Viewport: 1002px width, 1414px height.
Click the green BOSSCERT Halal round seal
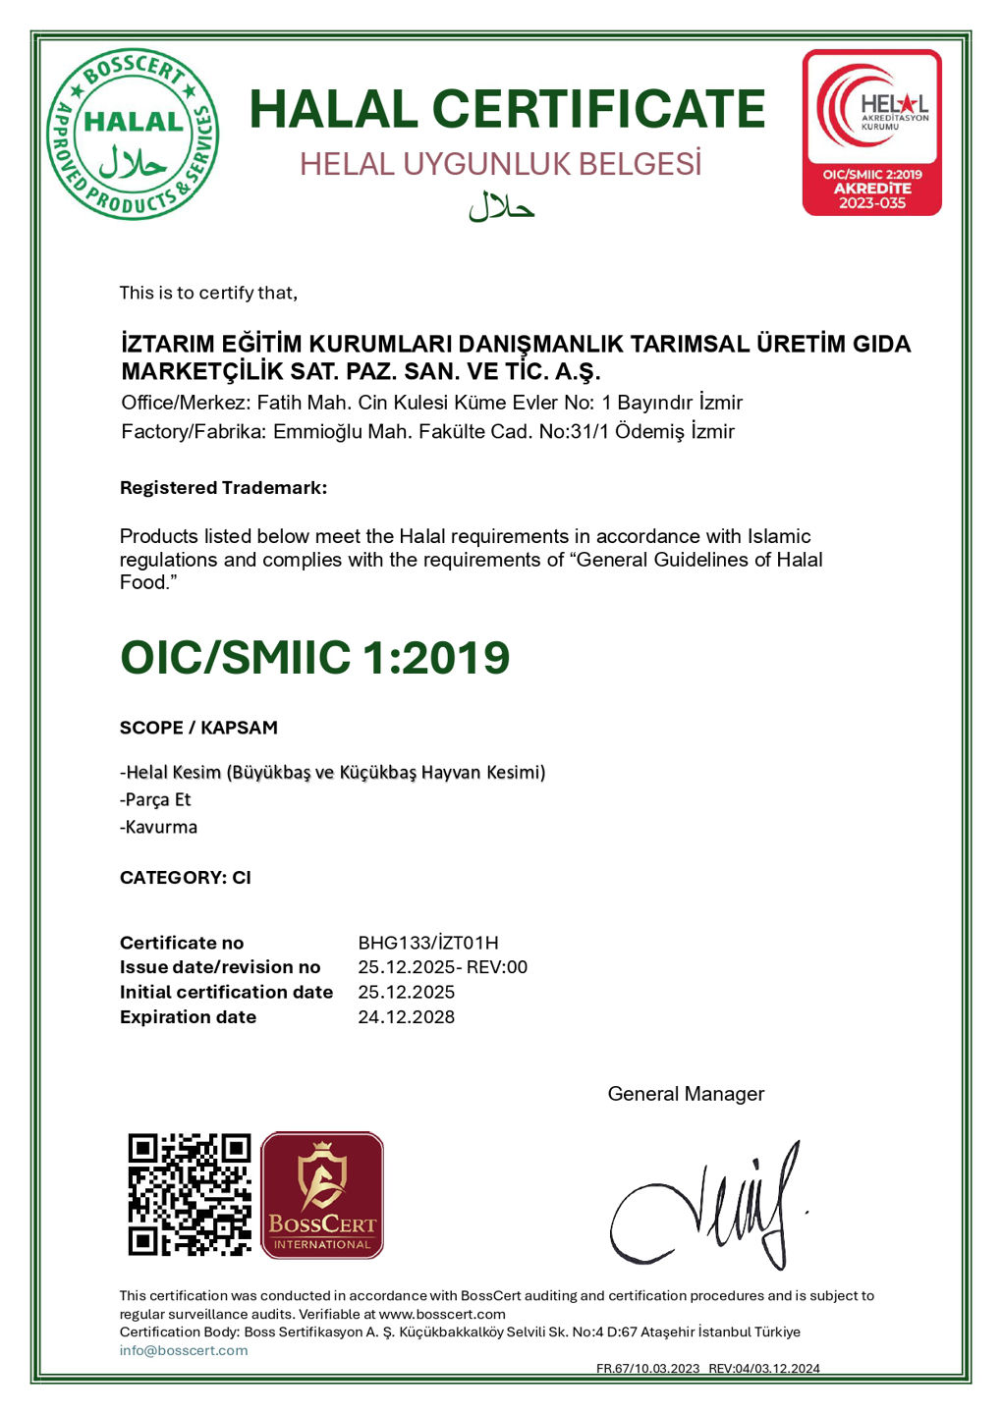(x=133, y=134)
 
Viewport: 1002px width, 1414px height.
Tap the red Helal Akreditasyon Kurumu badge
(x=871, y=132)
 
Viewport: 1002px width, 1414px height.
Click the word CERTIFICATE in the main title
(x=598, y=108)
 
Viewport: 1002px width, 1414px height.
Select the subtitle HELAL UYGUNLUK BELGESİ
(x=500, y=164)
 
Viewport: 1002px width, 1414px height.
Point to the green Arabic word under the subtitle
(x=501, y=206)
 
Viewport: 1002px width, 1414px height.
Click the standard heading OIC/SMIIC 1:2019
(x=314, y=657)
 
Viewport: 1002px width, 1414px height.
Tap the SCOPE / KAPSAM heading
(x=198, y=728)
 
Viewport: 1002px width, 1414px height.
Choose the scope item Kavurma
(x=160, y=827)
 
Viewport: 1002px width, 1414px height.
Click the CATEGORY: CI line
(x=186, y=877)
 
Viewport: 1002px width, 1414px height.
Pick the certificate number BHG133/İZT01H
(x=427, y=943)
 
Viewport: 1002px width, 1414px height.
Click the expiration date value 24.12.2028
(x=406, y=1017)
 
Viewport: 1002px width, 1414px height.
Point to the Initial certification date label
(x=226, y=992)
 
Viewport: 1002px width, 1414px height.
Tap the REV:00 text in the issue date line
(x=497, y=967)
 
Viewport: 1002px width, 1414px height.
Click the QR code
(x=190, y=1194)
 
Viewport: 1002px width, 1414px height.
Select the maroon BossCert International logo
(x=322, y=1194)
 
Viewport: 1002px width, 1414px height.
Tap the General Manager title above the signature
(x=686, y=1094)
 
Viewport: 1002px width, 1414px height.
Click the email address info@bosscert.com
(x=184, y=1350)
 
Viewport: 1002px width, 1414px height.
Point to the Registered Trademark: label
(x=223, y=488)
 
